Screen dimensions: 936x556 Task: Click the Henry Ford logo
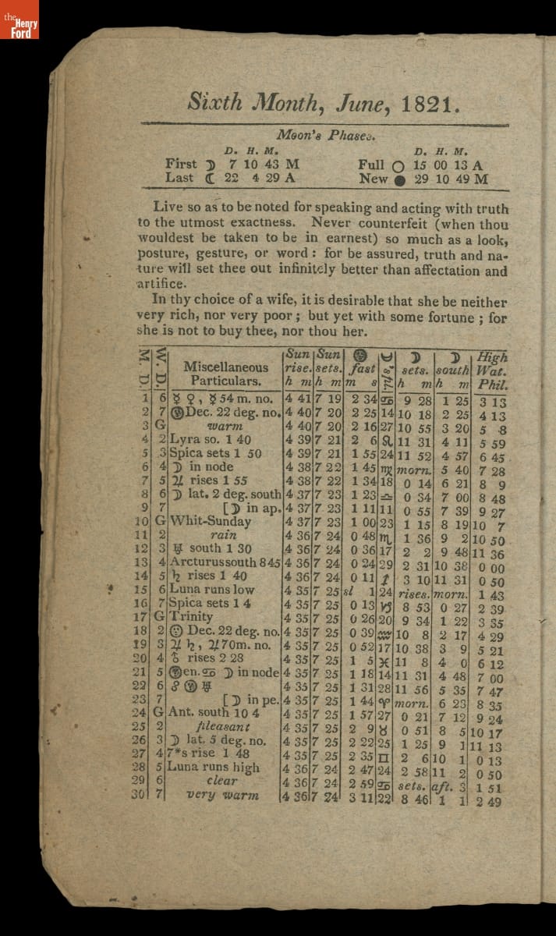point(19,19)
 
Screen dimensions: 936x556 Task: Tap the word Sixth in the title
point(214,103)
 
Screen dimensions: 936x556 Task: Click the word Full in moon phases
point(372,165)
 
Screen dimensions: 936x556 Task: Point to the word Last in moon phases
point(180,178)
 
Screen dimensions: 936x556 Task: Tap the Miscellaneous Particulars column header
point(226,374)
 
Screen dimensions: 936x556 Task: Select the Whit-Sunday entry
point(211,521)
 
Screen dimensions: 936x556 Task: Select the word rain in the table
point(223,535)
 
